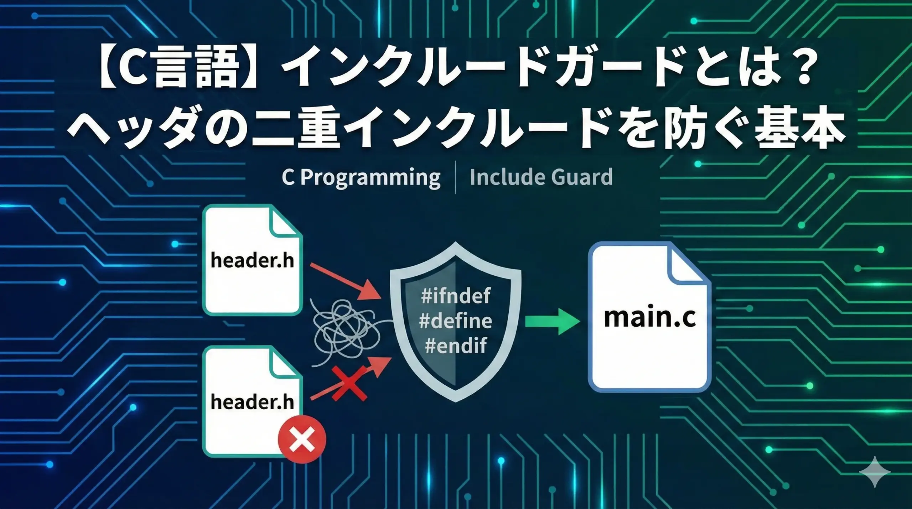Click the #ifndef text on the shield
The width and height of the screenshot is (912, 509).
point(456,296)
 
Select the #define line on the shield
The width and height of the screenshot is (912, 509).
point(456,321)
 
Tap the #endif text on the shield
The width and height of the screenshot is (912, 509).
point(456,346)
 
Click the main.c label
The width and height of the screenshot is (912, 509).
point(650,318)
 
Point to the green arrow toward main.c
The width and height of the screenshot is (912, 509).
point(552,322)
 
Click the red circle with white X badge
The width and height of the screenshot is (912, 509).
point(302,439)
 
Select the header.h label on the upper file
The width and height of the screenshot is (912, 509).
point(252,260)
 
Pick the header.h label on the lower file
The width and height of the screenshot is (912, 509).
point(252,402)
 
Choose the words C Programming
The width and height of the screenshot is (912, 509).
point(361,178)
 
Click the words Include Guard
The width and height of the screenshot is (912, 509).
point(541,177)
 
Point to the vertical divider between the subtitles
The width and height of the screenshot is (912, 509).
point(456,178)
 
